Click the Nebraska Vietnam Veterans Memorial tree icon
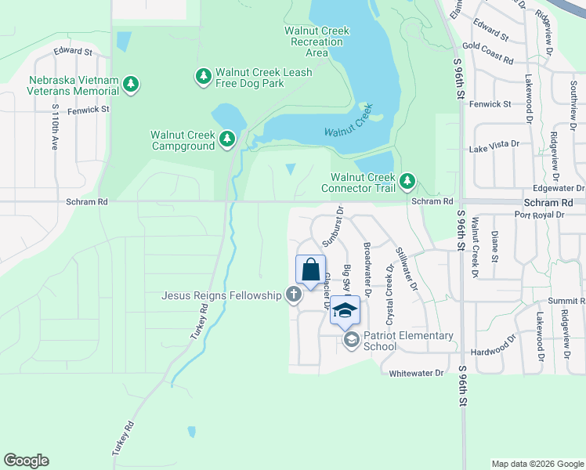tap(132, 84)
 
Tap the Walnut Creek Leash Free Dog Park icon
tap(204, 76)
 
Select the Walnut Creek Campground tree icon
tap(227, 139)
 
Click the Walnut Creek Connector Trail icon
tap(407, 181)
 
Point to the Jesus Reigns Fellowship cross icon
tap(293, 295)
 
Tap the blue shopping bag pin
tap(310, 270)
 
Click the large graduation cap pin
tap(344, 311)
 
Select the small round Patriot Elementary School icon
tap(352, 339)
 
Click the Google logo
tap(26, 461)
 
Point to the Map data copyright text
tap(537, 464)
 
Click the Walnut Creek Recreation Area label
tap(317, 42)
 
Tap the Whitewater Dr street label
tap(416, 374)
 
